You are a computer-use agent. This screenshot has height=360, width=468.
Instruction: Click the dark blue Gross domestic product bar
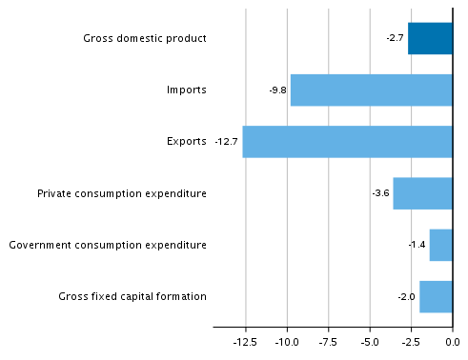(x=430, y=38)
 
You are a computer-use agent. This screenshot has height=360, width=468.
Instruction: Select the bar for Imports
(x=371, y=90)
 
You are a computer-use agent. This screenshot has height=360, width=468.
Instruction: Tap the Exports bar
(x=347, y=141)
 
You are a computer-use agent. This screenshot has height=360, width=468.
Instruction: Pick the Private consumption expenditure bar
(x=422, y=193)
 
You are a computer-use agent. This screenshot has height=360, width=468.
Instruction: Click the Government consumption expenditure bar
(x=440, y=245)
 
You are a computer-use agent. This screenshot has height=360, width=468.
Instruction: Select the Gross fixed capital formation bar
(x=436, y=296)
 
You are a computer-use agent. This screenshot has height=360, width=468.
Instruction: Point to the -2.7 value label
(x=395, y=38)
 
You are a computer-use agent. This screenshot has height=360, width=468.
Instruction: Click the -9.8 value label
(x=277, y=90)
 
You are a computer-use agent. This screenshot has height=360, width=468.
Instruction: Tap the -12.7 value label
(x=226, y=142)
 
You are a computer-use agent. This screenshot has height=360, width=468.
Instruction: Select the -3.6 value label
(x=380, y=193)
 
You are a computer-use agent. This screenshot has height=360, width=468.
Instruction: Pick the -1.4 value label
(x=417, y=245)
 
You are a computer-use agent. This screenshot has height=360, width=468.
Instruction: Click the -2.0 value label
(x=406, y=297)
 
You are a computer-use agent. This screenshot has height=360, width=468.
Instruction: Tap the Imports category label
(x=186, y=90)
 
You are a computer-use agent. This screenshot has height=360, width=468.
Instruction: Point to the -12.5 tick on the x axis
(x=245, y=341)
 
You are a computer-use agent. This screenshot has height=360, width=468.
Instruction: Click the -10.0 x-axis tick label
(x=287, y=341)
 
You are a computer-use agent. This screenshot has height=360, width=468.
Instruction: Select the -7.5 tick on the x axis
(x=328, y=341)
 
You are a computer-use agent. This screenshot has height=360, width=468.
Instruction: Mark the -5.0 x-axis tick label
(x=369, y=341)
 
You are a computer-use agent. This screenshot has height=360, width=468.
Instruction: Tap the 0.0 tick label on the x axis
(x=452, y=341)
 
